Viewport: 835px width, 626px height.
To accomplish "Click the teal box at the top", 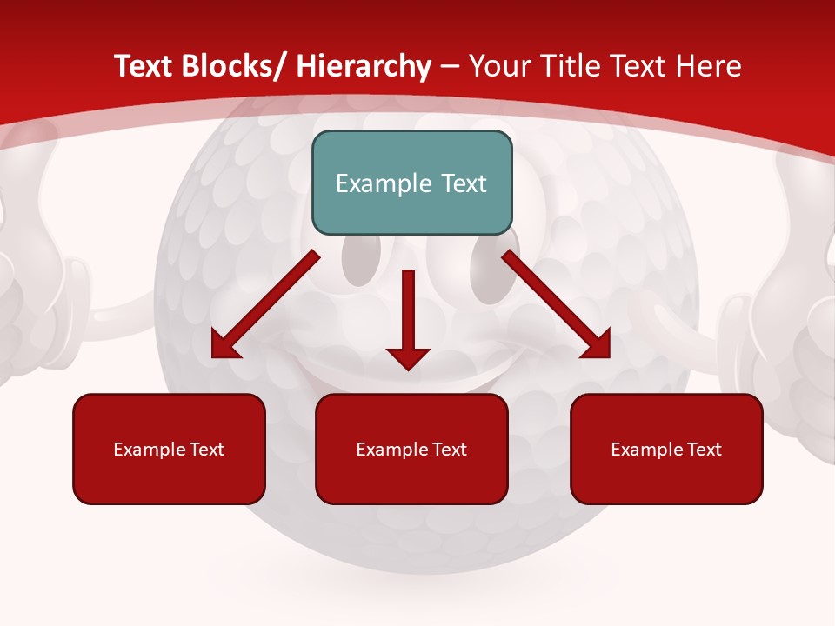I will (411, 183).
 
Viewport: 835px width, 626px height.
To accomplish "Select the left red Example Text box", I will (169, 449).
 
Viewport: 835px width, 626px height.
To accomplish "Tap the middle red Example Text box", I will (411, 449).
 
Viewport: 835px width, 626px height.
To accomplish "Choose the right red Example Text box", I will (666, 449).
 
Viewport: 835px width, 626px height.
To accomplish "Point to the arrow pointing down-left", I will (264, 305).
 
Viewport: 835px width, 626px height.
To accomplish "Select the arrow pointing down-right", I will (557, 305).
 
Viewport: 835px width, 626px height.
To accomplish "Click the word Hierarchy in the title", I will (363, 67).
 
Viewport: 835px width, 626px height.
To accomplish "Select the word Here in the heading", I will (710, 67).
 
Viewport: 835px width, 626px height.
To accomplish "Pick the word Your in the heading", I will (498, 67).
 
